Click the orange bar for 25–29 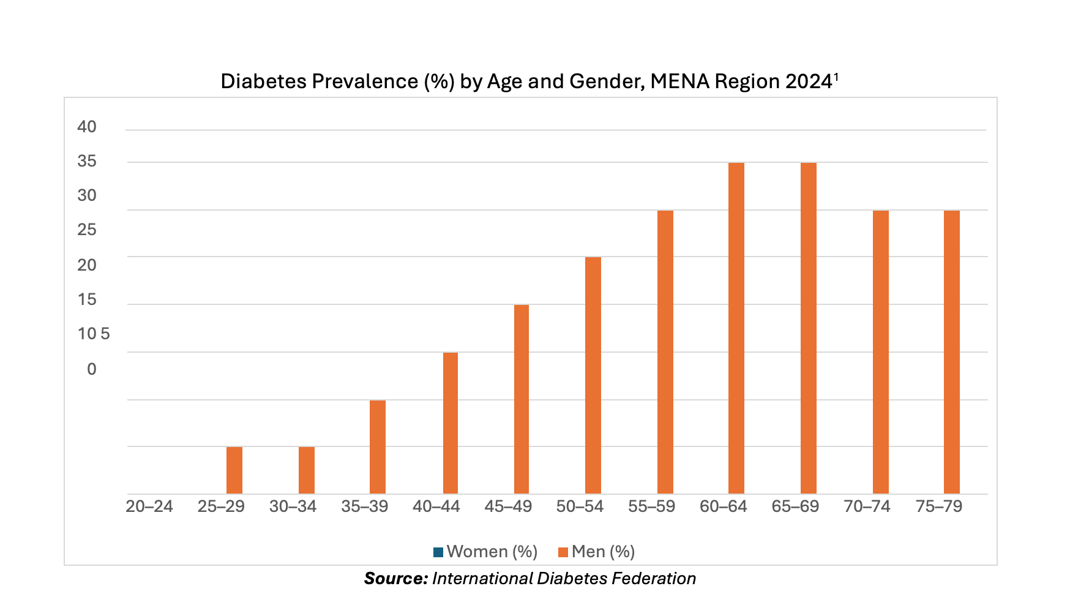click(x=234, y=470)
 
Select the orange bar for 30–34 click(x=307, y=470)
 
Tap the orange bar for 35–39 click(x=378, y=447)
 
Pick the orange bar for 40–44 click(x=450, y=423)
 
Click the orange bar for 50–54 click(x=593, y=375)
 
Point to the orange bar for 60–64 click(x=736, y=328)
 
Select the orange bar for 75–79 click(x=952, y=352)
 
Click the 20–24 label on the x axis click(x=149, y=507)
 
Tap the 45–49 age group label click(x=508, y=507)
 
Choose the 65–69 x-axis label click(x=795, y=507)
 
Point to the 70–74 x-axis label click(x=867, y=507)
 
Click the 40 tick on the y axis click(x=87, y=127)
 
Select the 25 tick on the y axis click(x=87, y=230)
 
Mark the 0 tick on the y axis click(x=92, y=369)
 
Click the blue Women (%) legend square click(x=438, y=552)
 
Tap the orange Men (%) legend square click(x=563, y=552)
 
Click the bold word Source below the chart click(x=395, y=579)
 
